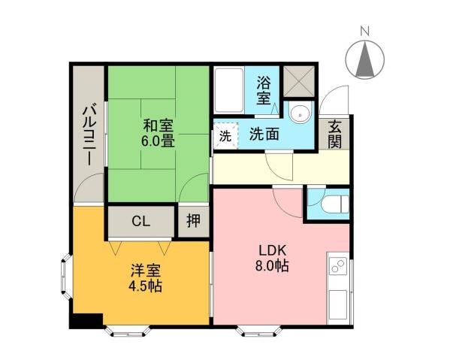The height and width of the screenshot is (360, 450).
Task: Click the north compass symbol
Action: click(366, 58)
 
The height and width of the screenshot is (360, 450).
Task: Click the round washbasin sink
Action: click(302, 114)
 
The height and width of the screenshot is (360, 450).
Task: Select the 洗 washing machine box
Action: click(225, 137)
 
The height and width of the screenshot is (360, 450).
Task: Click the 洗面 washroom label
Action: click(264, 135)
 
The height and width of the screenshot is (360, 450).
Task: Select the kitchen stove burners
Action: click(337, 266)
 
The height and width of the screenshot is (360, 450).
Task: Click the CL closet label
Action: click(140, 222)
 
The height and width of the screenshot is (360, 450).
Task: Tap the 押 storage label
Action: click(193, 222)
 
